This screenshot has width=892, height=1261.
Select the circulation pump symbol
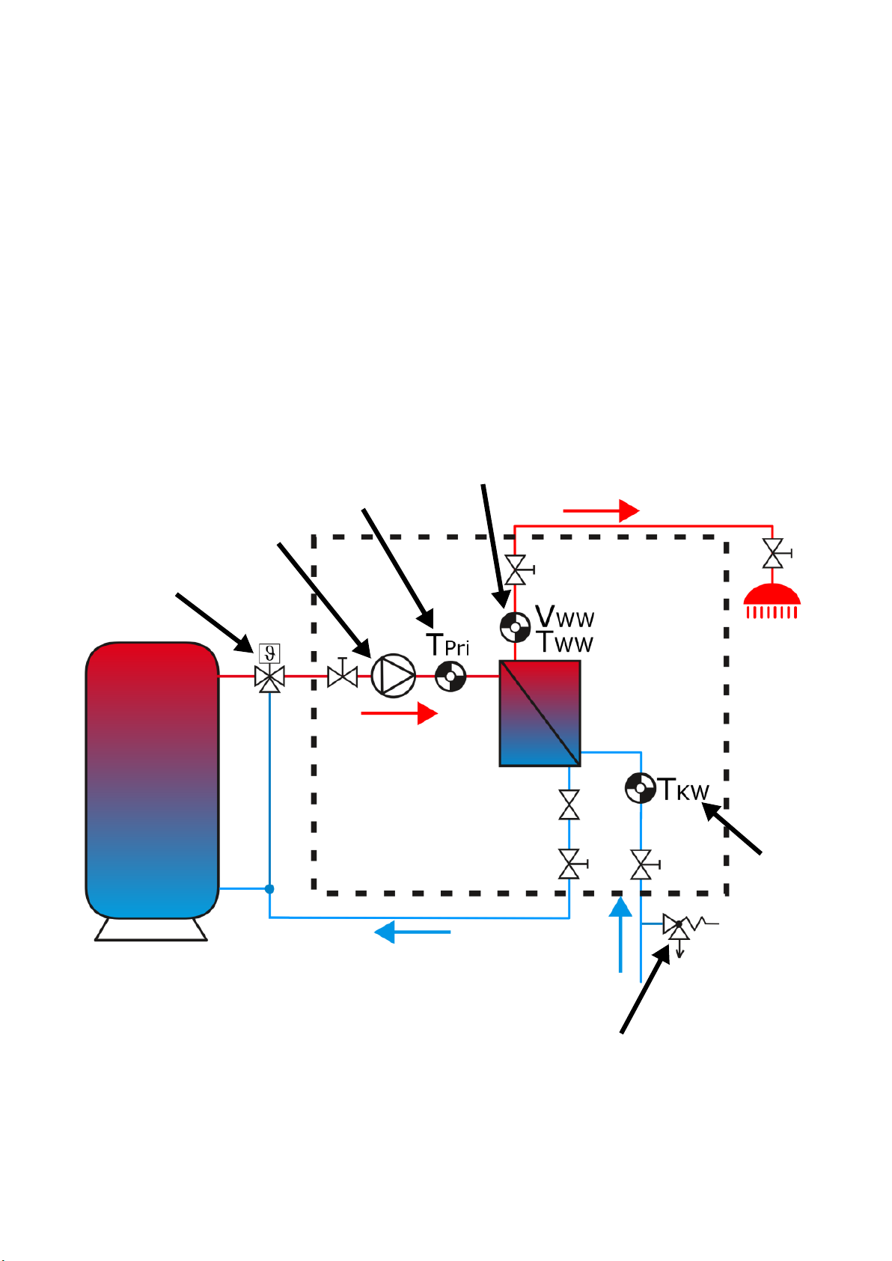(x=394, y=676)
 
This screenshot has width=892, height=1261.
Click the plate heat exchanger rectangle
(x=540, y=713)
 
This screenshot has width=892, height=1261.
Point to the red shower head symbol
(x=772, y=601)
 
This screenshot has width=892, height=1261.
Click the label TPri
(x=447, y=645)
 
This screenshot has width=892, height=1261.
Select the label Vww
(x=564, y=616)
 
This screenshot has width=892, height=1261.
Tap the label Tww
(x=564, y=642)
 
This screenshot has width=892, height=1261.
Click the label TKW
(x=684, y=790)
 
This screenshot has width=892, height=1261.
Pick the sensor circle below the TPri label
(x=450, y=676)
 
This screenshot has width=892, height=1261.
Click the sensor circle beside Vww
(x=515, y=626)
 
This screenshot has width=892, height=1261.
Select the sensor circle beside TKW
(x=641, y=788)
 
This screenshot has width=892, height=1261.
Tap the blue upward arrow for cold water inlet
(x=620, y=935)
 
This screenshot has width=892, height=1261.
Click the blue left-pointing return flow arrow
(x=412, y=932)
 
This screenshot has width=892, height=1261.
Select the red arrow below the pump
(x=399, y=712)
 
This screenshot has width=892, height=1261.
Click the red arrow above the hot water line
(x=601, y=510)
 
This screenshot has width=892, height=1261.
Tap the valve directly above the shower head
(x=774, y=553)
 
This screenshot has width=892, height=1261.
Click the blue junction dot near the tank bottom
(x=269, y=889)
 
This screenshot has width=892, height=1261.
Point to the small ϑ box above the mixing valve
(x=269, y=653)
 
